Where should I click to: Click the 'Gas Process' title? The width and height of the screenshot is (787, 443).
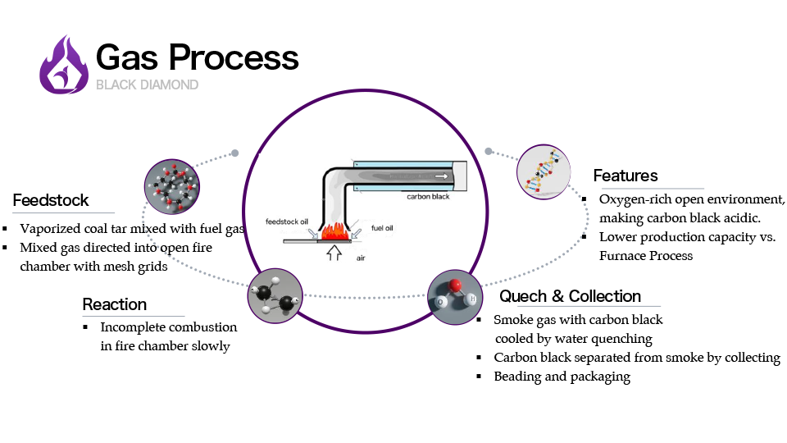point(197,57)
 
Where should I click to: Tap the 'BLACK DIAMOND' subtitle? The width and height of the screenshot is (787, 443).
point(147,84)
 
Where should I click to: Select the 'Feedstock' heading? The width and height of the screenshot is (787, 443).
point(51,201)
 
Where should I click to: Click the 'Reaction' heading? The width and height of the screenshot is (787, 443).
point(115,304)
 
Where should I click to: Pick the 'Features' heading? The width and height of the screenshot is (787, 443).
point(626,176)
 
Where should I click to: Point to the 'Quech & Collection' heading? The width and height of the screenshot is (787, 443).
point(570,296)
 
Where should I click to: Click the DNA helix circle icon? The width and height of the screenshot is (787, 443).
point(544,172)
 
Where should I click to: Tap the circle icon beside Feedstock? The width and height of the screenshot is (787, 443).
point(171,188)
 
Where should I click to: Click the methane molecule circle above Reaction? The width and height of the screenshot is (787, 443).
point(275,295)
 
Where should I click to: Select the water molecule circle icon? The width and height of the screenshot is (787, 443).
point(455,297)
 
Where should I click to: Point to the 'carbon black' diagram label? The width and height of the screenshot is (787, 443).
point(429,197)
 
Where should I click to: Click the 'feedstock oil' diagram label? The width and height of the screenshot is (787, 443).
point(286,222)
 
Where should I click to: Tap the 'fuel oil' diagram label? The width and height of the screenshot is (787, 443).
point(384,227)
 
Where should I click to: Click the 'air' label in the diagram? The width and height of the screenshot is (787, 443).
point(361,258)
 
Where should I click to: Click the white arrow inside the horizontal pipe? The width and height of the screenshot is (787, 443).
point(442,176)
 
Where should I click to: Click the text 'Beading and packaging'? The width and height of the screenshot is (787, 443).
point(562,377)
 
